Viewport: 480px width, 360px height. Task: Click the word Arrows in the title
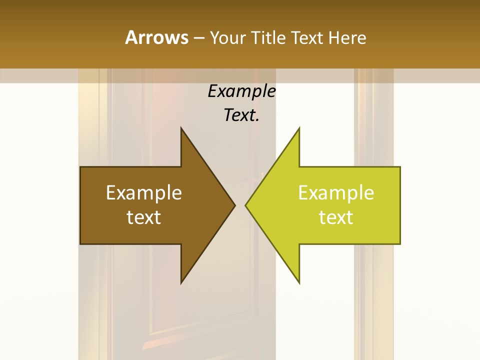coord(156,37)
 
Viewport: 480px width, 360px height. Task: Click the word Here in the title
coord(347,37)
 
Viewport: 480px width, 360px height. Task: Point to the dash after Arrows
coord(198,38)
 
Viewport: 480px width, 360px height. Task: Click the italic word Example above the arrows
coord(242,91)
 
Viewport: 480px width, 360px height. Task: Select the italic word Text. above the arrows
coord(242,115)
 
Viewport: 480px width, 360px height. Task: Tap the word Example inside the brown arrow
coord(144,193)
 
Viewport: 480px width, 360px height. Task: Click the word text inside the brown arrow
coord(144,217)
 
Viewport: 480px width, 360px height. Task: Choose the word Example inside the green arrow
coord(336,193)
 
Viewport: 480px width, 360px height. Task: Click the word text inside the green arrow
coord(336,217)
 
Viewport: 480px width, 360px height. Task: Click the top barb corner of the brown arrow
coord(181,128)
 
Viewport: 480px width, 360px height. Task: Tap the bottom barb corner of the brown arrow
coord(181,282)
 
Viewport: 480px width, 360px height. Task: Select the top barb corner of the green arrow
coord(299,128)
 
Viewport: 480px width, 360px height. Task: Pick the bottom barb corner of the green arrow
coord(299,282)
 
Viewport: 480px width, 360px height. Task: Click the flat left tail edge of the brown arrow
coord(81,205)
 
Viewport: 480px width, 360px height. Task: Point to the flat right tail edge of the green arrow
coord(400,205)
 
